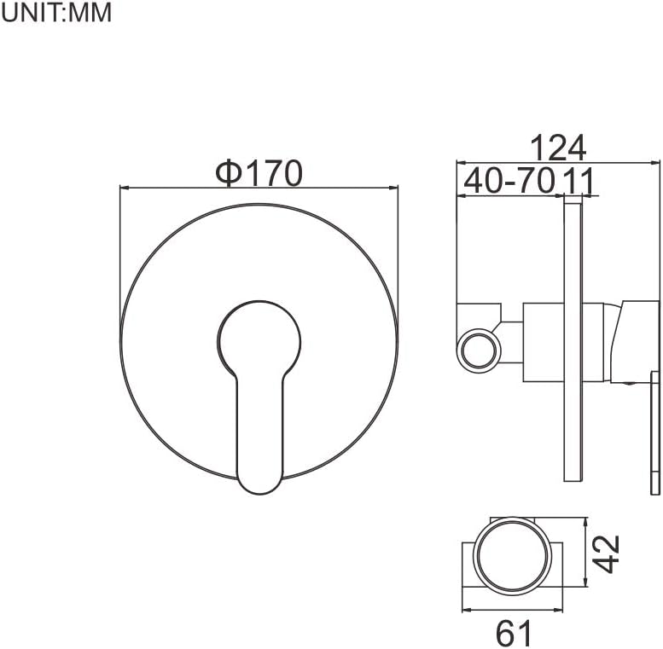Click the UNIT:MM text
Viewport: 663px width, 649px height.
coord(57,14)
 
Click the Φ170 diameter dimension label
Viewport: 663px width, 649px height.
coord(259,173)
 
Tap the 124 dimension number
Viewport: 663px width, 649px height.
coord(558,148)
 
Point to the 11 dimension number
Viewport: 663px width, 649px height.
coord(579,181)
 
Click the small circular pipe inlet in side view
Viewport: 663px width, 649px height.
coord(479,351)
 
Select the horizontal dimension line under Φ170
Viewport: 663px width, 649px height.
coord(259,188)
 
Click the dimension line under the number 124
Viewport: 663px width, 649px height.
coord(558,160)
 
